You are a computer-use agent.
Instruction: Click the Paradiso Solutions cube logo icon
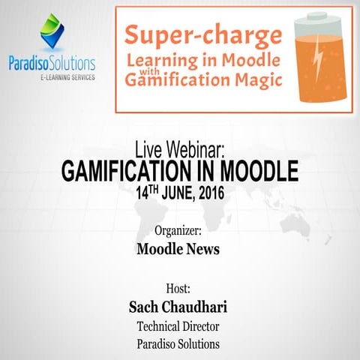click(52, 28)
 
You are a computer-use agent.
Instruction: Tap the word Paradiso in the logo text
click(29, 61)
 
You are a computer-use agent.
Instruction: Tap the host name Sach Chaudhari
click(179, 307)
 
